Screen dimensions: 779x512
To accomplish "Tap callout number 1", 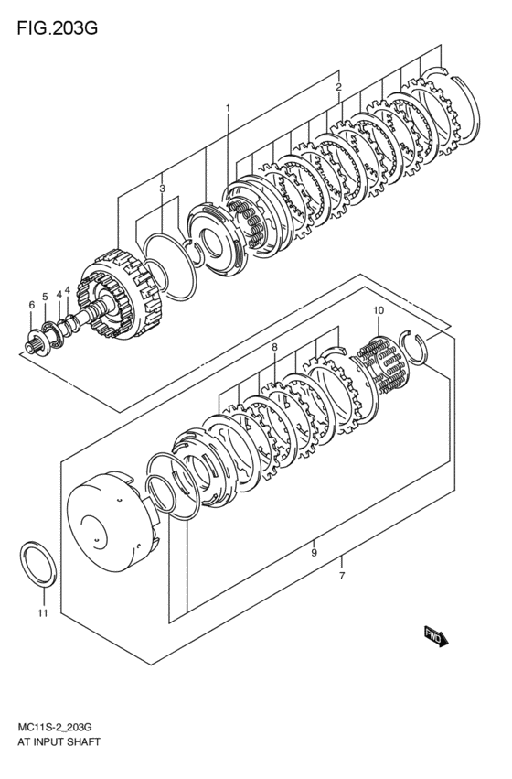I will [229, 108].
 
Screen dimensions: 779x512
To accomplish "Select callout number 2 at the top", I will [338, 87].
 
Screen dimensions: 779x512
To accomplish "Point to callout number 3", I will [162, 189].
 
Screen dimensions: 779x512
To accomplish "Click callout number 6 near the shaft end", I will [31, 305].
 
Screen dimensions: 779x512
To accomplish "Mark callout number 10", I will [378, 311].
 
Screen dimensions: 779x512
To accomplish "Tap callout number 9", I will [314, 553].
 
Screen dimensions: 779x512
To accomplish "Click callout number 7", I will [341, 577].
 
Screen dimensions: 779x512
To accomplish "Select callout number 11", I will [40, 612].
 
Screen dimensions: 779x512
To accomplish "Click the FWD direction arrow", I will [435, 636].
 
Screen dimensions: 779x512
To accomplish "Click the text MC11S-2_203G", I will [55, 727].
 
